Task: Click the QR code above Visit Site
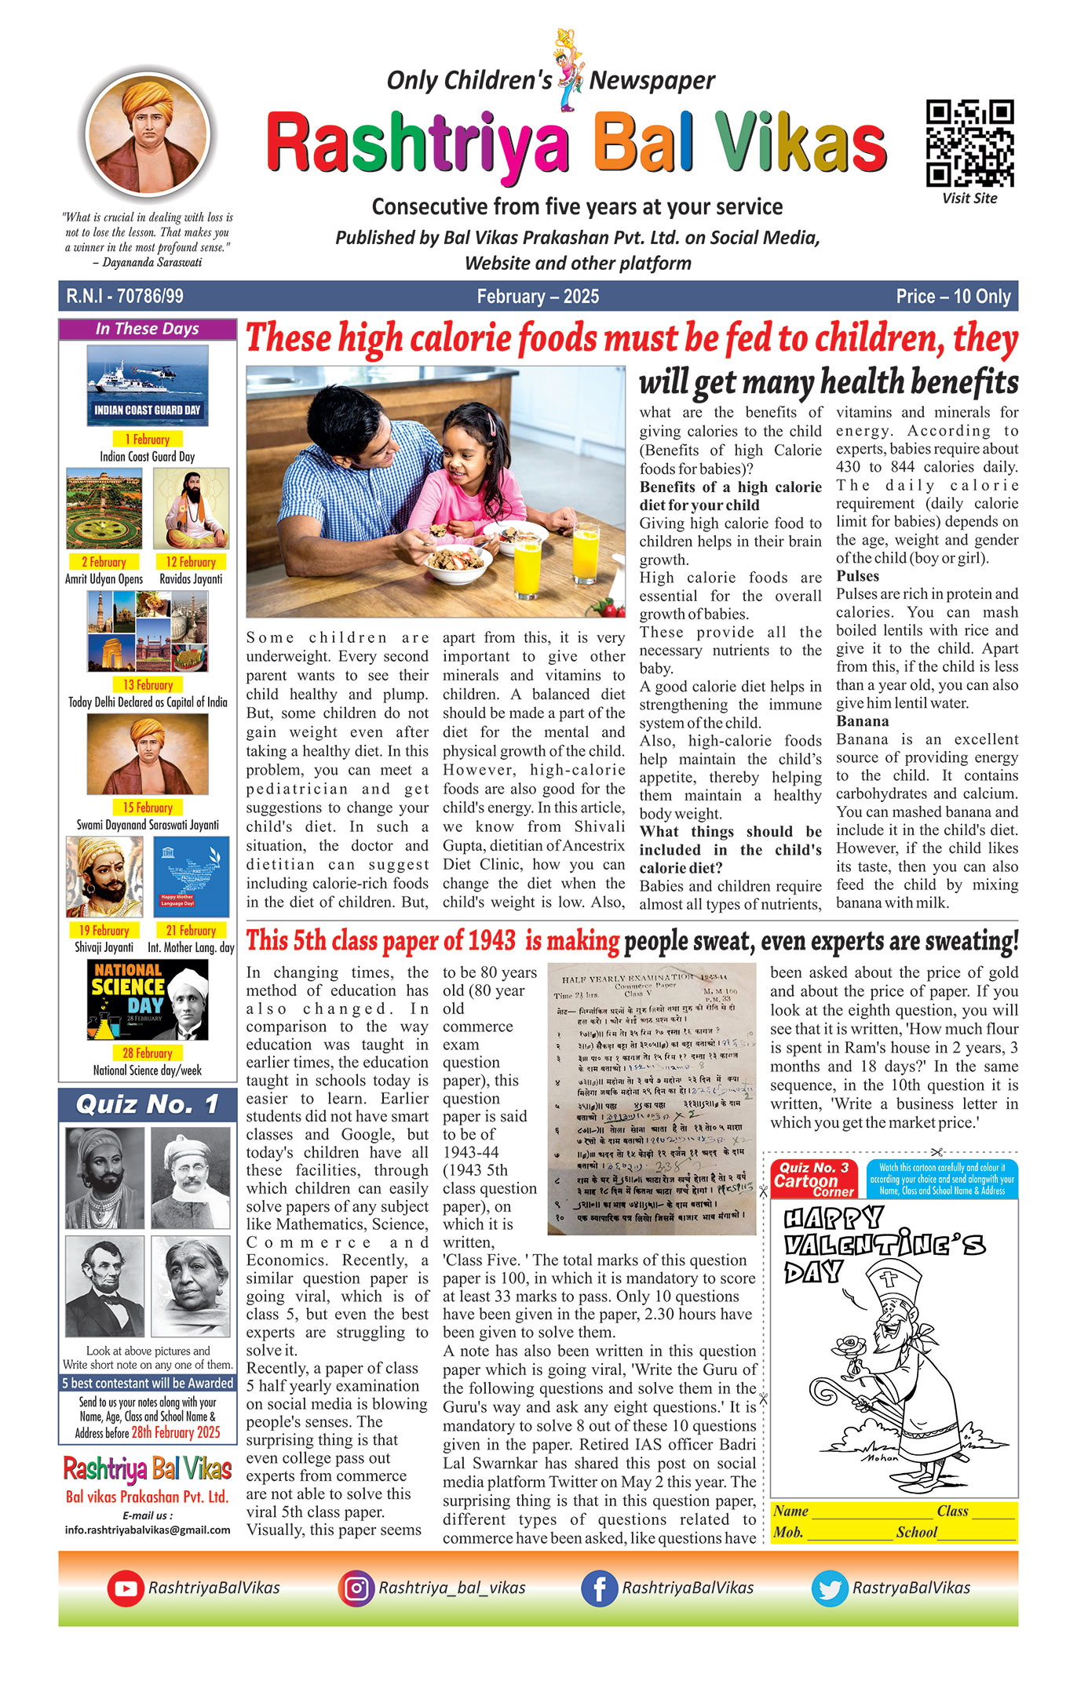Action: point(969,143)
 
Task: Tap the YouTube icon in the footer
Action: point(125,1588)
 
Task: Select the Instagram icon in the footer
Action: point(356,1588)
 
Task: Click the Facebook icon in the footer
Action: point(599,1588)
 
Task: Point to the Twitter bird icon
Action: point(829,1588)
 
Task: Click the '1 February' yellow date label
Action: point(147,439)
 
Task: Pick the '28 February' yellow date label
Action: point(147,1053)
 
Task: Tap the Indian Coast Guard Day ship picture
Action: point(148,385)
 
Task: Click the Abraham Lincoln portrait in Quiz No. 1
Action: point(104,1275)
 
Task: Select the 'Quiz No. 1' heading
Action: point(148,1105)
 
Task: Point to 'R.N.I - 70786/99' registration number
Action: point(125,297)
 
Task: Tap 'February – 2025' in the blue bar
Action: point(538,297)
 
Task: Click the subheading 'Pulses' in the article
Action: point(857,576)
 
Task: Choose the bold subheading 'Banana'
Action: point(862,721)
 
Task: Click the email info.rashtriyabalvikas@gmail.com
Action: point(148,1530)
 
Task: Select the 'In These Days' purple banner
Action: point(148,329)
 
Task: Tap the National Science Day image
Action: point(148,1000)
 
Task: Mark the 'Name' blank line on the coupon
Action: point(871,1512)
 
